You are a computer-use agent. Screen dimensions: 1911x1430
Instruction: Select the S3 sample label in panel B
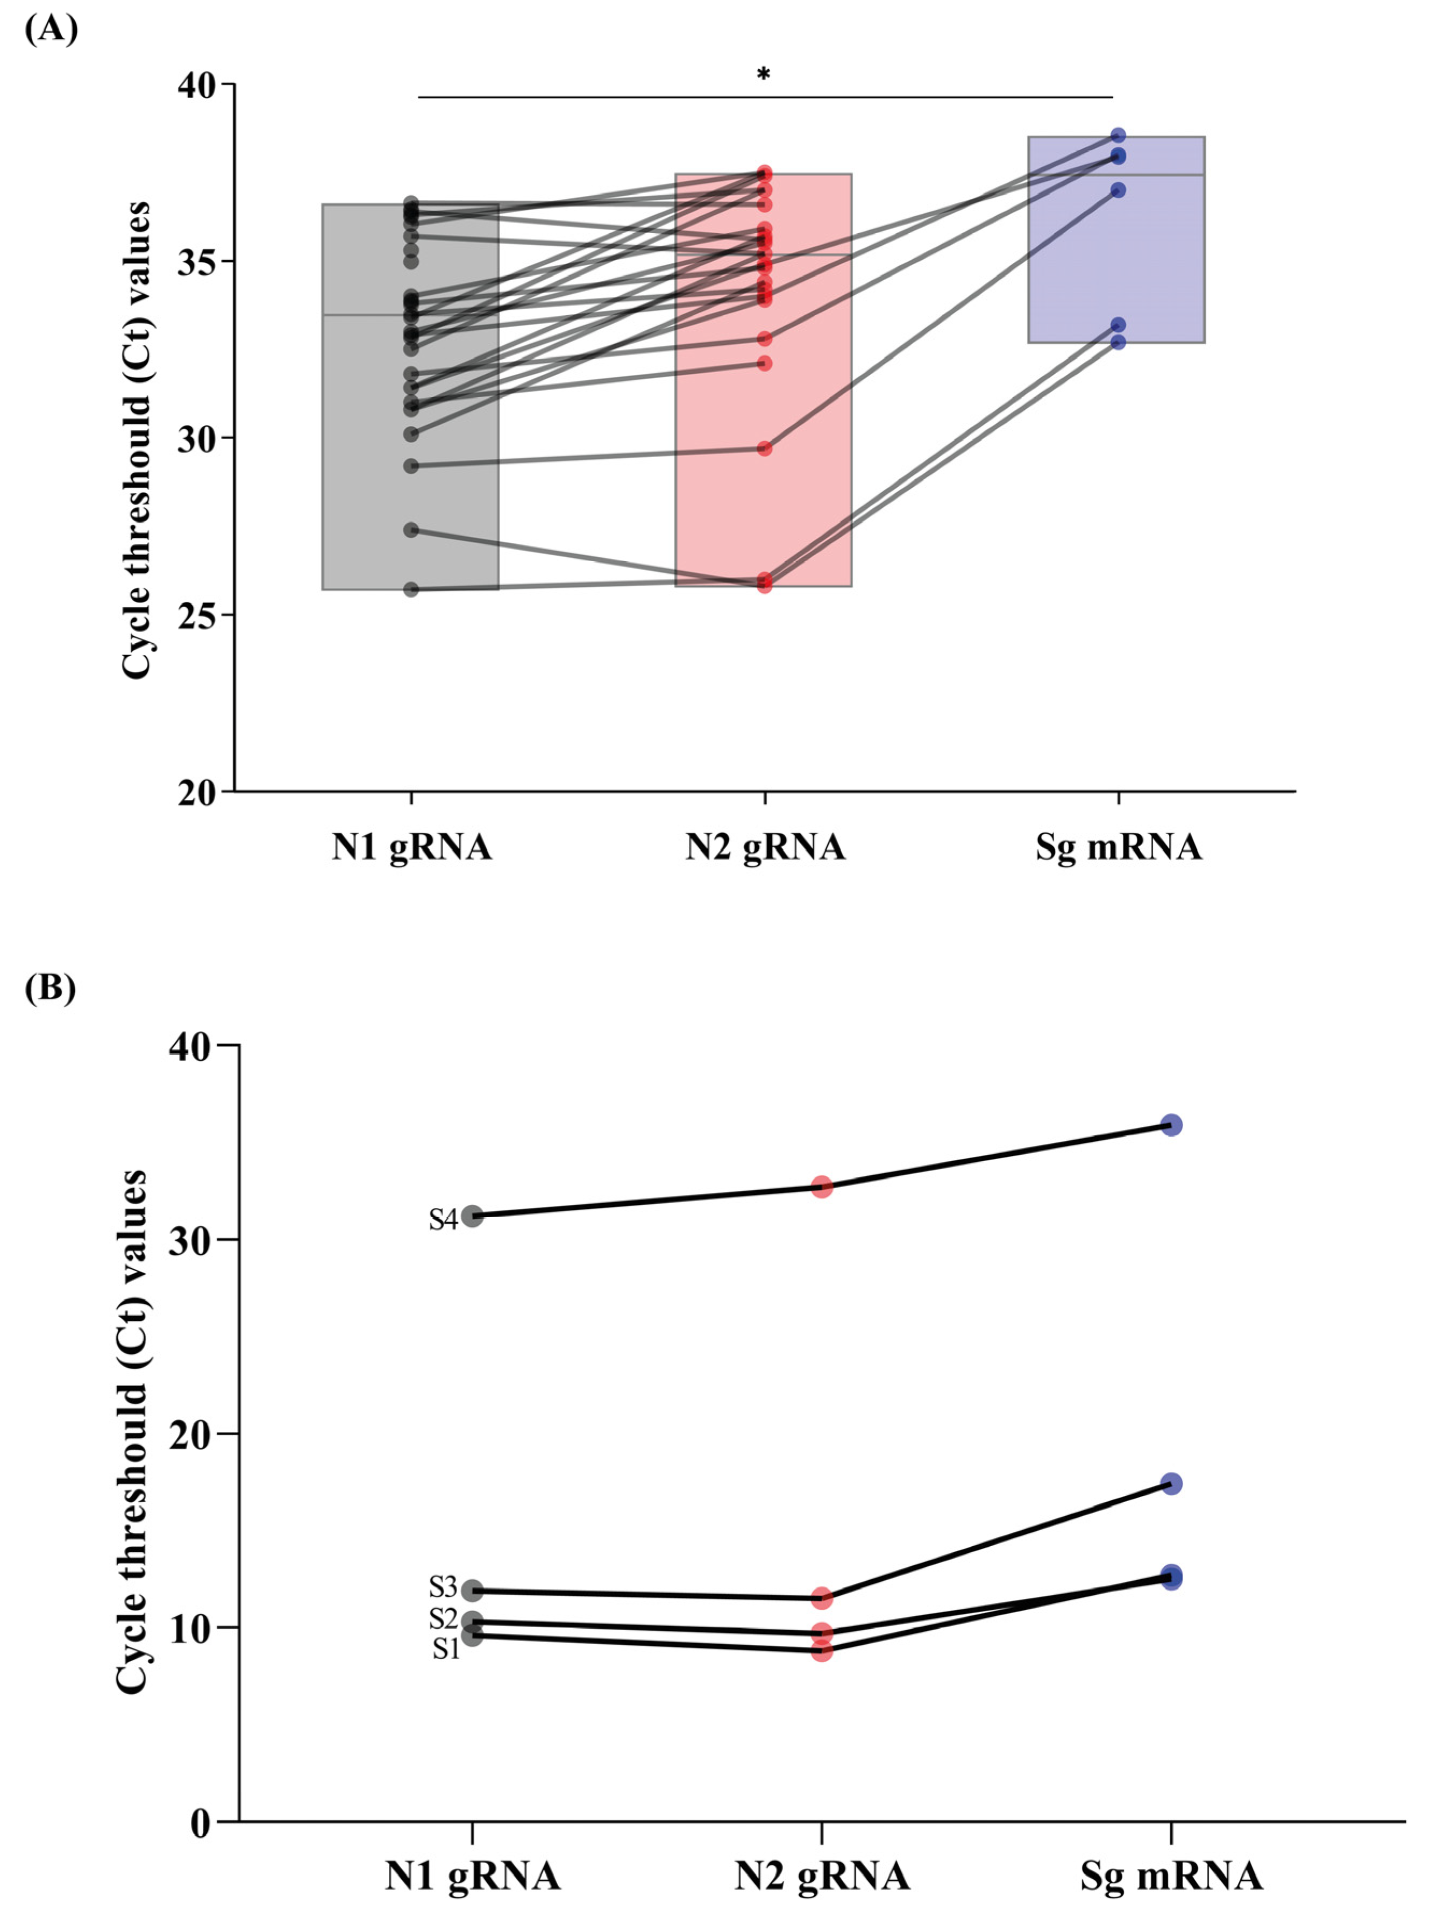click(443, 1587)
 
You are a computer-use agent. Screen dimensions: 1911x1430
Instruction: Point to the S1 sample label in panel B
click(446, 1649)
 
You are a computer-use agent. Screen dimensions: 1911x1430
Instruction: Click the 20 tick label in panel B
click(189, 1434)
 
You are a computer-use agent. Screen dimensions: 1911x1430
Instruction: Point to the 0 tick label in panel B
click(201, 1823)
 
